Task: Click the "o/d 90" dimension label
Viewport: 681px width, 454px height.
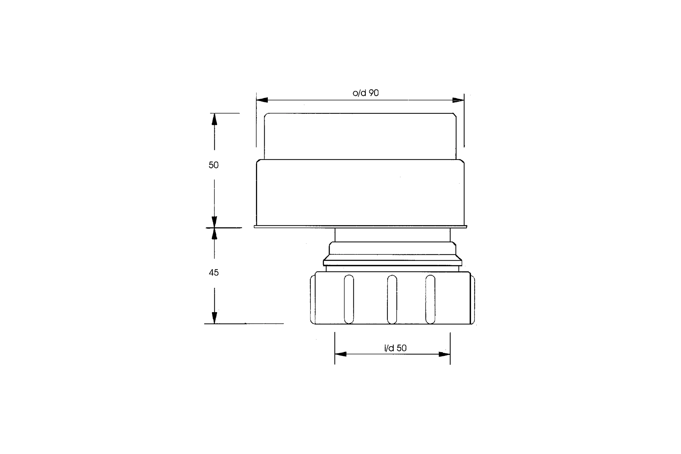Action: tap(366, 93)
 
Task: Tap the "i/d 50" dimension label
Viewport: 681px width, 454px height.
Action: tap(395, 348)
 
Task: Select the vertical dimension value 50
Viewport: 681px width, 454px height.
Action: tap(214, 165)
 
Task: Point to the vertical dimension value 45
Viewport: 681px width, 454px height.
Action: tap(214, 272)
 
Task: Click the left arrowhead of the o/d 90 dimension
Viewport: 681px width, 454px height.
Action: tap(262, 100)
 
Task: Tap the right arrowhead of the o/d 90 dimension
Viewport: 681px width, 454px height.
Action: tap(458, 100)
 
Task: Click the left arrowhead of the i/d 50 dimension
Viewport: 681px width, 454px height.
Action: tap(340, 354)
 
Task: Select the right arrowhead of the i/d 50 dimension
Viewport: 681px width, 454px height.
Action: tap(444, 354)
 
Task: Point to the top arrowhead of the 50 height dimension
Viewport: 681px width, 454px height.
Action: tap(214, 119)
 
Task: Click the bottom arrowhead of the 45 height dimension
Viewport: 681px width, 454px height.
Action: tap(214, 318)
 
